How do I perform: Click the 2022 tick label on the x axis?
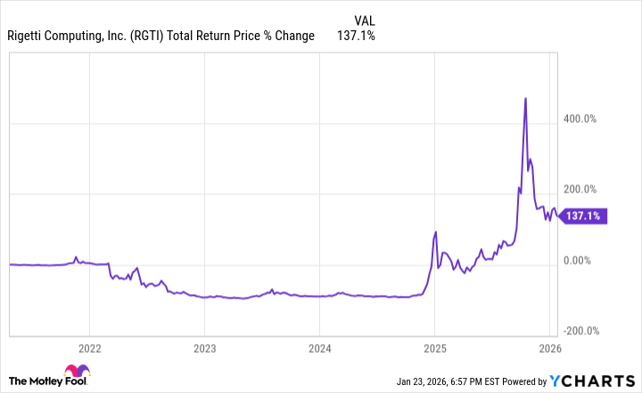89,348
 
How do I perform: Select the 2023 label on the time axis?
204,348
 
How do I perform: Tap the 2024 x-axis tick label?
320,348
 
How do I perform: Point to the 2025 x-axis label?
435,348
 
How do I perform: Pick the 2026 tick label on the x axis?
550,348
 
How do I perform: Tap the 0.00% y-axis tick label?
580,260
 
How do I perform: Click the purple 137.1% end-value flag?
586,215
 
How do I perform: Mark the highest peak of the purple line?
525,98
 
